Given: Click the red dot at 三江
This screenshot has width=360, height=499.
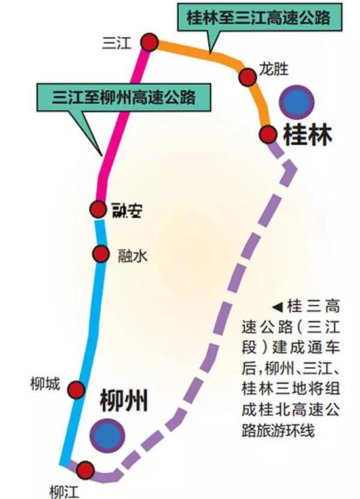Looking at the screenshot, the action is [149, 42].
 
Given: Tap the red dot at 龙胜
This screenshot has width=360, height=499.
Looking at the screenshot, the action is [247, 77].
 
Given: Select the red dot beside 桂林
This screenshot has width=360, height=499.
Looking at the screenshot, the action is [268, 134].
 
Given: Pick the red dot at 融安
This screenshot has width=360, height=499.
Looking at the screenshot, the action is [98, 210].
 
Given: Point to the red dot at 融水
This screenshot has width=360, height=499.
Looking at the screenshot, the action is [101, 253].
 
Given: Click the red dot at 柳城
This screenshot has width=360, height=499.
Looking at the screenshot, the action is [77, 390].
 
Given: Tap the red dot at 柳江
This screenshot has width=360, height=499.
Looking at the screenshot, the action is [85, 470].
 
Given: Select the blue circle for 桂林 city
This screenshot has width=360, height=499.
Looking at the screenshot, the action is [297, 102].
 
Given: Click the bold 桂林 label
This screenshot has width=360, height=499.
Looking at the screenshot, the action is [307, 135].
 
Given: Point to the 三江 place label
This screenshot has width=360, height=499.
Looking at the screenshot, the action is [117, 43].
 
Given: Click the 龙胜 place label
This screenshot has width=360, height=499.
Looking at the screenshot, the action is [274, 69].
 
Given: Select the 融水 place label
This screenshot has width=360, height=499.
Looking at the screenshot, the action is [133, 255].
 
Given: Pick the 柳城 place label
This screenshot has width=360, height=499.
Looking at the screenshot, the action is [45, 384].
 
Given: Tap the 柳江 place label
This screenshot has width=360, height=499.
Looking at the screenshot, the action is [64, 492].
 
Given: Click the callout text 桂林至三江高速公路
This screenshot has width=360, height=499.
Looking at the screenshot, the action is [259, 18].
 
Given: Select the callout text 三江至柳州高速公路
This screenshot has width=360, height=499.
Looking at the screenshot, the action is [124, 97].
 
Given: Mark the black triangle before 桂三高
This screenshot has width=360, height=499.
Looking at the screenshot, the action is [278, 307].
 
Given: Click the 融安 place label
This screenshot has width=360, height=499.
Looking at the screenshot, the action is [127, 210].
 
